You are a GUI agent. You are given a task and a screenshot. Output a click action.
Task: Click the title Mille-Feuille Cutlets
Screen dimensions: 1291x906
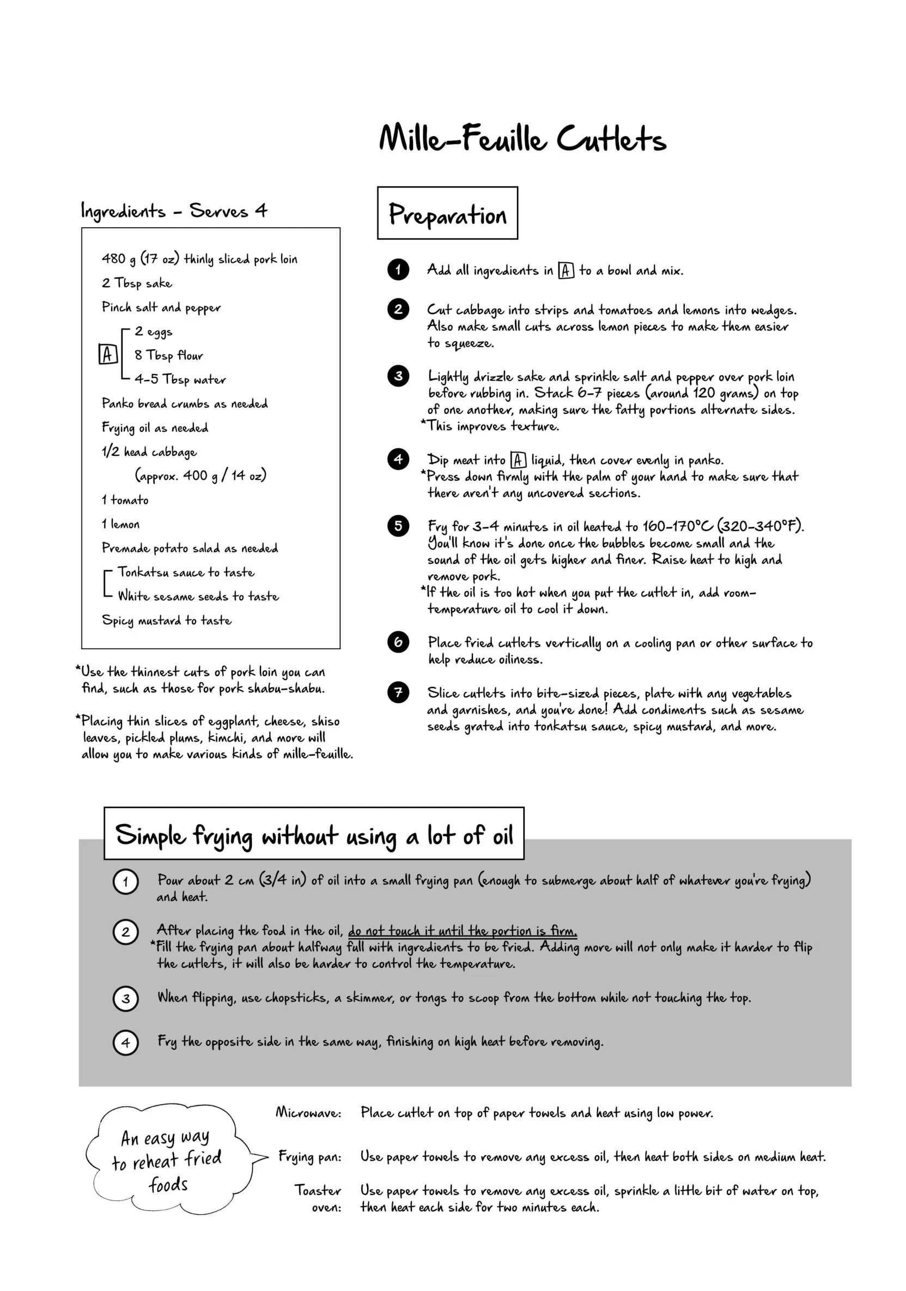tap(522, 138)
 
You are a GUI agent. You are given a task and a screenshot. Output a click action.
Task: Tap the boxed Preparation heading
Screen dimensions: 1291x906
tap(447, 214)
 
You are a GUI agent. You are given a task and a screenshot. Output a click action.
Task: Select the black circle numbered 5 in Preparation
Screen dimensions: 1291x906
tap(398, 526)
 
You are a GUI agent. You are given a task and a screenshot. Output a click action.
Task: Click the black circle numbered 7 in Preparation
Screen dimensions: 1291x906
tap(398, 692)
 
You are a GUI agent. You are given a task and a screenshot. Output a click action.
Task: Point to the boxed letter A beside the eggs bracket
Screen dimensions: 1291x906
tap(108, 354)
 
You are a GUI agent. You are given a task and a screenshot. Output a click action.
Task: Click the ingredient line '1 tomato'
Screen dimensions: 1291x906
tap(125, 500)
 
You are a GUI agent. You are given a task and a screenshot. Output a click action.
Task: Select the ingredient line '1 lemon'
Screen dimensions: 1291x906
tap(121, 524)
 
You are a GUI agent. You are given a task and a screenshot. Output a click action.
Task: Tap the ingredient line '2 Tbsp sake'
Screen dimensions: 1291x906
tap(137, 283)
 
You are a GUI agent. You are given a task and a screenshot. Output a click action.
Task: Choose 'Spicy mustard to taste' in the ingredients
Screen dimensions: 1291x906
tap(166, 620)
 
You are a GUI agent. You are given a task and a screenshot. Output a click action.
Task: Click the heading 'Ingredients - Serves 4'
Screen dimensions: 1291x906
tap(174, 211)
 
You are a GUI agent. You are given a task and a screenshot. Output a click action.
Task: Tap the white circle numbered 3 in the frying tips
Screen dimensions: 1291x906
tap(125, 998)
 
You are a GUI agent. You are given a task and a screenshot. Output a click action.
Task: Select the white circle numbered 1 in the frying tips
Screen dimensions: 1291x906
tap(125, 881)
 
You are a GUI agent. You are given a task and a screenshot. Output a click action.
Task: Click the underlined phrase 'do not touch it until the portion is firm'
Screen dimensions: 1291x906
tap(462, 931)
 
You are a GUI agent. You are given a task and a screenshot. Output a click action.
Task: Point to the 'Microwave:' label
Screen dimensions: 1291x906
tap(308, 1112)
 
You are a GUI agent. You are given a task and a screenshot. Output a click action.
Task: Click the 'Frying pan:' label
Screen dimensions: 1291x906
tap(309, 1156)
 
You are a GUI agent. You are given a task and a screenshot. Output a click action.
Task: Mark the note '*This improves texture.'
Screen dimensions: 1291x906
tap(490, 426)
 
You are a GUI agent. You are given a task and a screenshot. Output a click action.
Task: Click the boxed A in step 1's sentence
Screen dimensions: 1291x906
tap(566, 270)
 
